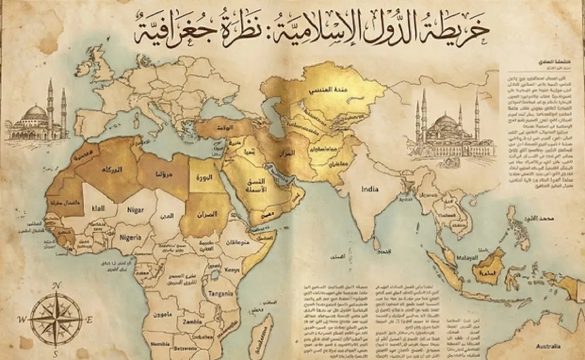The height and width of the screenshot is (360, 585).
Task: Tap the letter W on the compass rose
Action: tap(22, 320)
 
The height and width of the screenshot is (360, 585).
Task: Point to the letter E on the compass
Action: tap(89, 320)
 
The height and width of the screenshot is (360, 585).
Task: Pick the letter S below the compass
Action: tap(56, 354)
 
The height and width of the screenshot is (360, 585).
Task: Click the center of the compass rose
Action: tap(56, 320)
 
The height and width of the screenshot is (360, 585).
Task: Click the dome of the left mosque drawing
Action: tap(35, 111)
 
